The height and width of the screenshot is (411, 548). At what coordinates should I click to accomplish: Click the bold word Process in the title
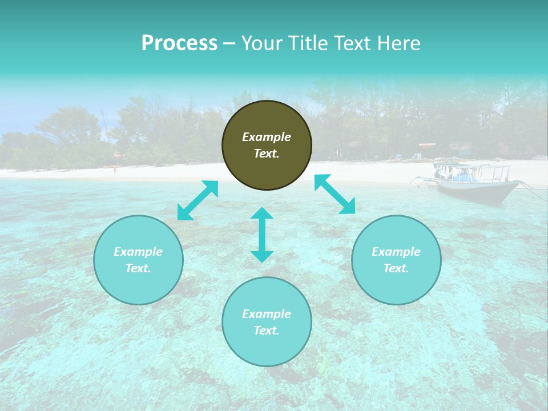tap(179, 43)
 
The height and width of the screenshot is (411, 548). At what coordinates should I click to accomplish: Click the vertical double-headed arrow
tap(262, 235)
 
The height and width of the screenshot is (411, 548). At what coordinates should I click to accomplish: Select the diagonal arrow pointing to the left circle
tap(198, 200)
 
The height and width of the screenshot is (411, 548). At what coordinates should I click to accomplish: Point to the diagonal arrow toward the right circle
tap(335, 194)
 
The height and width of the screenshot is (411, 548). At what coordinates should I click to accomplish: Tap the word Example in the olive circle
tap(267, 137)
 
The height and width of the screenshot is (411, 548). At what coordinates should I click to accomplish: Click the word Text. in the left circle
tap(138, 268)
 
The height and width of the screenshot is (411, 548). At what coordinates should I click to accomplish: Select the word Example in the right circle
tap(396, 252)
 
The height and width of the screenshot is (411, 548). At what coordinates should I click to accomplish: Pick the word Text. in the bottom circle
tap(267, 331)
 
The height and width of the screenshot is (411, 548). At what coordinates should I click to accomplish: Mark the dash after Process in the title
tap(229, 43)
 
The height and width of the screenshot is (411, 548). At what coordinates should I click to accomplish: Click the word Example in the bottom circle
tap(267, 314)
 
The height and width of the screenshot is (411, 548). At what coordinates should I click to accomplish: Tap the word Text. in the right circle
tap(396, 268)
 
